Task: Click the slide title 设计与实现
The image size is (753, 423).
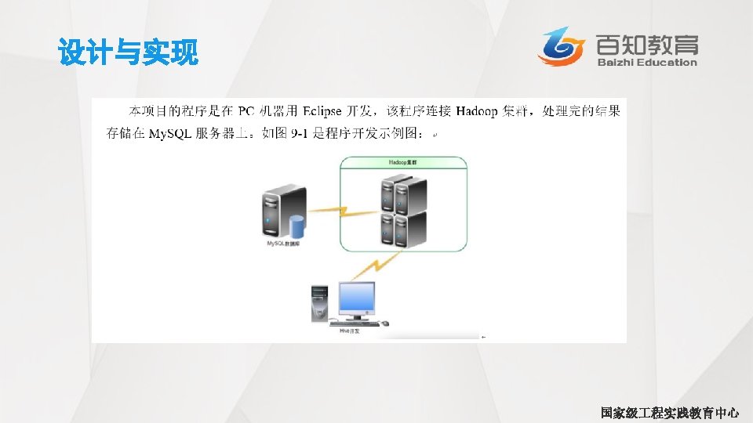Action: pos(128,54)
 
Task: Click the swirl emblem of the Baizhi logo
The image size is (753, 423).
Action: pos(561,46)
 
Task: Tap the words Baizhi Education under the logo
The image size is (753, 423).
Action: pos(647,63)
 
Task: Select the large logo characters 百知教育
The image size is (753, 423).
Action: pos(646,44)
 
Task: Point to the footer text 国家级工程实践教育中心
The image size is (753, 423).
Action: pos(669,413)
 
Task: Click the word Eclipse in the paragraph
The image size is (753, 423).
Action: pos(322,111)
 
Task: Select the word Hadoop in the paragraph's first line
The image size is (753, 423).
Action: pos(476,111)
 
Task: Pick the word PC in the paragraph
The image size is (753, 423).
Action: pos(246,111)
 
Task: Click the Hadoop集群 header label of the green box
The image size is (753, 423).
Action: pos(403,163)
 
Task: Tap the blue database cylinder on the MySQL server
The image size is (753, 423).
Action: pos(297,227)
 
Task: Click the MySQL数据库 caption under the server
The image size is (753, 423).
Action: pos(284,244)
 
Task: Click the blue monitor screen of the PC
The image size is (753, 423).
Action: pos(356,298)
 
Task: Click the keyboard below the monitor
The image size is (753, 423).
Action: pos(355,323)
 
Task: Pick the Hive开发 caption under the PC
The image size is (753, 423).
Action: pos(349,332)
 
